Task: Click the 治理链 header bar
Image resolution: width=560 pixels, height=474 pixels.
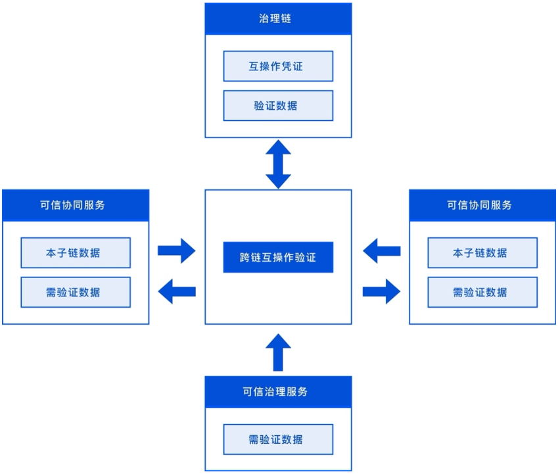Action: coord(278,19)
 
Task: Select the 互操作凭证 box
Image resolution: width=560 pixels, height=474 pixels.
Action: coord(278,66)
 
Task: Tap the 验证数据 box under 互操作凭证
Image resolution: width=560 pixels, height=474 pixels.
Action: coord(278,106)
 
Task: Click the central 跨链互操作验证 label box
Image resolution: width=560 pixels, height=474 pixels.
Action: coord(278,257)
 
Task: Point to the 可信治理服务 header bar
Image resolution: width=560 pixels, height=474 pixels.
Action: coord(278,392)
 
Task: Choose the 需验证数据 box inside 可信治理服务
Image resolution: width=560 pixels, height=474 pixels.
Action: coord(278,439)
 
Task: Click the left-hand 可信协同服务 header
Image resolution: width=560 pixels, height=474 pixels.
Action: coord(76,205)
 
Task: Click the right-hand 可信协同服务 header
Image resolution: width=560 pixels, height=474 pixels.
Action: coord(482,205)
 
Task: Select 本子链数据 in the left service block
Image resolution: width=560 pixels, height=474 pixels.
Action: coord(76,253)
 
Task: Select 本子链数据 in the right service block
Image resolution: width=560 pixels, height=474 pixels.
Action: coord(482,253)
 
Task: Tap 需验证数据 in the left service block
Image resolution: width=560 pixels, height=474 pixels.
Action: coord(76,293)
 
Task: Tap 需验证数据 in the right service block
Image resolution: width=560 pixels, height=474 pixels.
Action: coord(482,293)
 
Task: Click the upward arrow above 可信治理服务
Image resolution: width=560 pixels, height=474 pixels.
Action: coord(278,352)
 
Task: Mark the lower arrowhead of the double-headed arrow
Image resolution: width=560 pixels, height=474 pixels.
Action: coord(278,179)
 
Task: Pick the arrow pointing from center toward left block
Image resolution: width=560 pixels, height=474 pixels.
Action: coord(177,291)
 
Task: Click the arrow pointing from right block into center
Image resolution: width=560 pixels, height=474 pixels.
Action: coord(381,250)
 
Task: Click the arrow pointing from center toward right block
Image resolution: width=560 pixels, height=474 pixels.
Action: coord(382,291)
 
